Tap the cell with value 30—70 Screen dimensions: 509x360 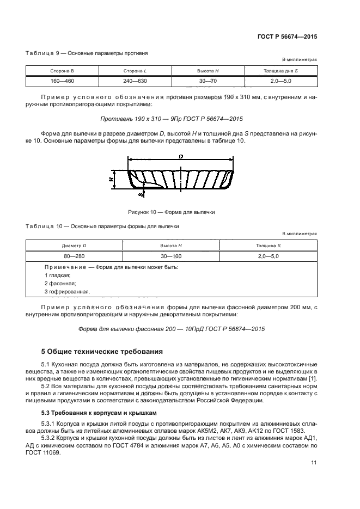pyautogui.click(x=208, y=81)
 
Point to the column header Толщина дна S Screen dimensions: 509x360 pyautogui.click(x=280, y=71)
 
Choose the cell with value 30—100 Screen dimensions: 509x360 pyautogui.click(x=172, y=256)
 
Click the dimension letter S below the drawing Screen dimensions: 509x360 pyautogui.click(x=124, y=194)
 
